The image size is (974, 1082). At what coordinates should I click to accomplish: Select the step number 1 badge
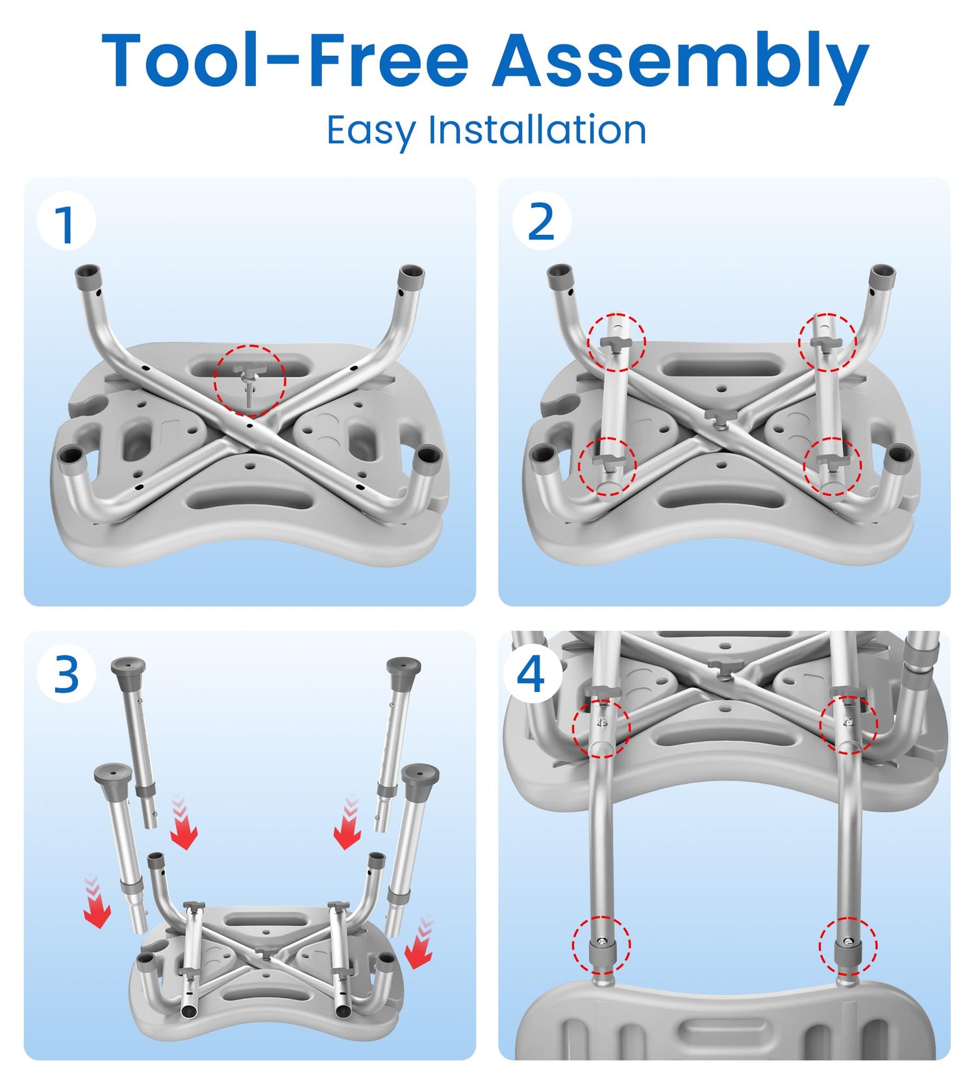click(66, 222)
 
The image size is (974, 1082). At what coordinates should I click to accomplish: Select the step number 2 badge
click(542, 221)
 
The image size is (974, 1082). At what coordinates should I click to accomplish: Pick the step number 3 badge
click(66, 675)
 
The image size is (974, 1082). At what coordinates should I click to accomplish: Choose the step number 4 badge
click(531, 675)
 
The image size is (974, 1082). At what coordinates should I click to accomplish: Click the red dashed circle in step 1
click(250, 380)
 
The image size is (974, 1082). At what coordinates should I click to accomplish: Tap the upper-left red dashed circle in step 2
click(617, 342)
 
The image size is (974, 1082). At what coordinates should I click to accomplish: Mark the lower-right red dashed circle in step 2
click(832, 467)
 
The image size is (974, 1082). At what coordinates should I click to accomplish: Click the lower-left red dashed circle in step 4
click(601, 945)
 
